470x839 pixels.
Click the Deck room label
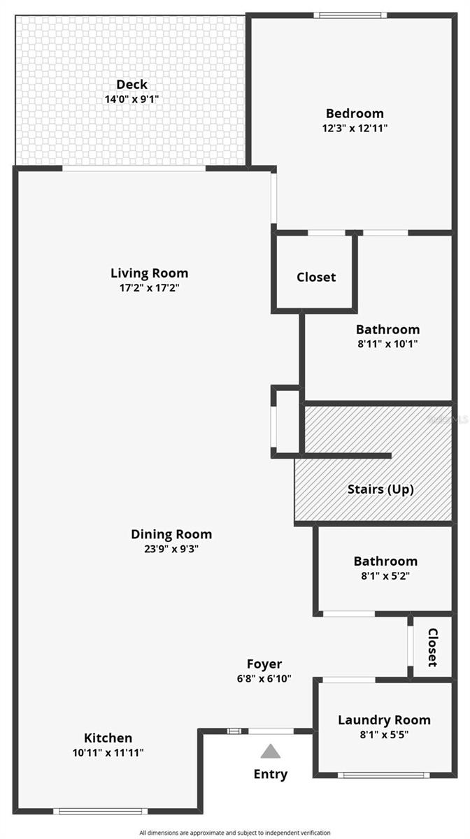pos(131,85)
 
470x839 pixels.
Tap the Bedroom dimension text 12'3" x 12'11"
pos(355,128)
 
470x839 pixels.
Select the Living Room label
pos(149,273)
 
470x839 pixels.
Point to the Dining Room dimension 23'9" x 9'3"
pos(171,549)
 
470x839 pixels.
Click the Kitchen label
pos(108,738)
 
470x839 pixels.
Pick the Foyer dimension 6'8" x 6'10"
pos(264,679)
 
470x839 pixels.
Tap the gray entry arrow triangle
pos(271,752)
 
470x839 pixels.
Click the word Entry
pos(271,775)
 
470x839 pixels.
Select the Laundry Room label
pos(384,720)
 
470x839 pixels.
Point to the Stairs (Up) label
pos(380,489)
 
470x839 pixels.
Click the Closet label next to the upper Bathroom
pos(316,277)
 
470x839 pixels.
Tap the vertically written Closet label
pos(432,647)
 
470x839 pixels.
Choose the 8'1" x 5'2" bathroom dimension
pos(385,575)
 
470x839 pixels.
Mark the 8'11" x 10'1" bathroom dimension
pos(387,344)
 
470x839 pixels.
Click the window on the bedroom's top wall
pos(350,15)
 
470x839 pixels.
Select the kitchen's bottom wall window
pos(100,811)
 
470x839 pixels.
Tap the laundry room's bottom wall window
pos(384,775)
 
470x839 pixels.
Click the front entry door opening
pos(271,731)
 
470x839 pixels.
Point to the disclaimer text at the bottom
pos(235,833)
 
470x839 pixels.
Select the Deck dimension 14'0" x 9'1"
pos(131,99)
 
